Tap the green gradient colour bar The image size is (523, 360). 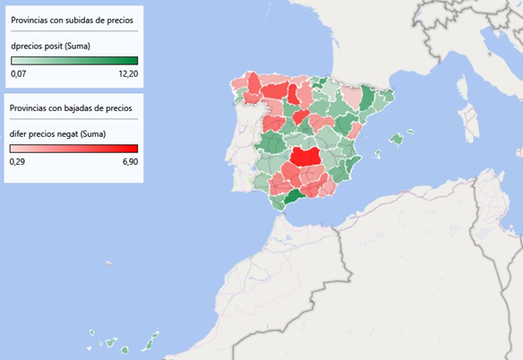pos(73,61)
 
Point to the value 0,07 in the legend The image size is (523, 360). pos(19,74)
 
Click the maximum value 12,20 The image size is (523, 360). pos(127,74)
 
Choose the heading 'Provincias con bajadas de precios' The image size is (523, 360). pos(71,107)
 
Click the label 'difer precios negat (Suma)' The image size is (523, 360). pos(58,133)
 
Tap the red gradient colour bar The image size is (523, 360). pos(73,149)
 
